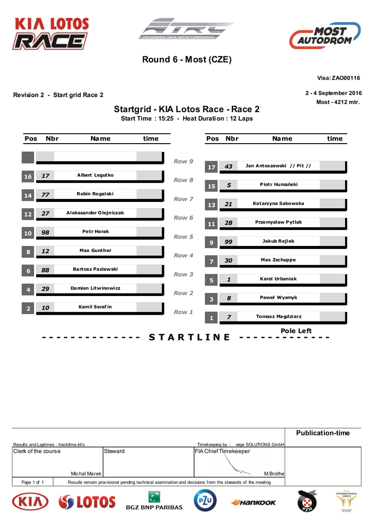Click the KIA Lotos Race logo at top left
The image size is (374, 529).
pyautogui.click(x=51, y=34)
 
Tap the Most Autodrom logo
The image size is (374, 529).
pyautogui.click(x=324, y=36)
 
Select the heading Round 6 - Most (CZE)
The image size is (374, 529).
pyautogui.click(x=187, y=59)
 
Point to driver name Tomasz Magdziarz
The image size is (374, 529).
pyautogui.click(x=279, y=316)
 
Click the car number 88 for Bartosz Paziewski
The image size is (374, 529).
pyautogui.click(x=45, y=271)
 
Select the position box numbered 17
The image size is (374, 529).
pyautogui.click(x=211, y=167)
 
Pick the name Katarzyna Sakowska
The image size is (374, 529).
pyautogui.click(x=278, y=204)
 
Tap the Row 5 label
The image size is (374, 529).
pyautogui.click(x=183, y=237)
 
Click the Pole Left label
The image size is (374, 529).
pyautogui.click(x=296, y=331)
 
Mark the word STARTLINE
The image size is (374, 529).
pyautogui.click(x=189, y=337)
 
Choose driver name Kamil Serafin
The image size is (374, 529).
pyautogui.click(x=95, y=307)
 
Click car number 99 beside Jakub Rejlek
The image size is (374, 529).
pyautogui.click(x=228, y=242)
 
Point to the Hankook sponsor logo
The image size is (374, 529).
pyautogui.click(x=253, y=502)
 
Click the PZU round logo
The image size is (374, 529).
pyautogui.click(x=205, y=501)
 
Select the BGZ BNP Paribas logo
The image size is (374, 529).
pyautogui.click(x=154, y=501)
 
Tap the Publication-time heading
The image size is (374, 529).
pyautogui.click(x=322, y=433)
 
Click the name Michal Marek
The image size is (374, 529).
pyautogui.click(x=86, y=474)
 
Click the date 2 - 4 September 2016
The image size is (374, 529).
pyautogui.click(x=334, y=93)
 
